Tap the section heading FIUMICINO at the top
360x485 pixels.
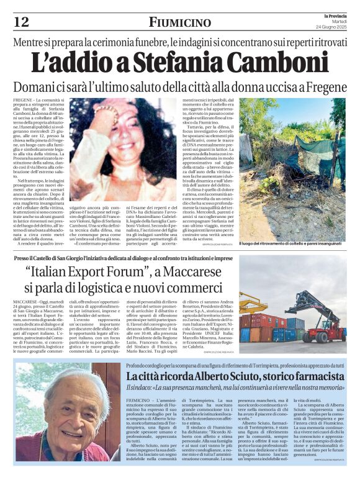(x=180, y=22)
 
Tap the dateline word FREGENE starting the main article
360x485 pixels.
(x=23, y=100)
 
